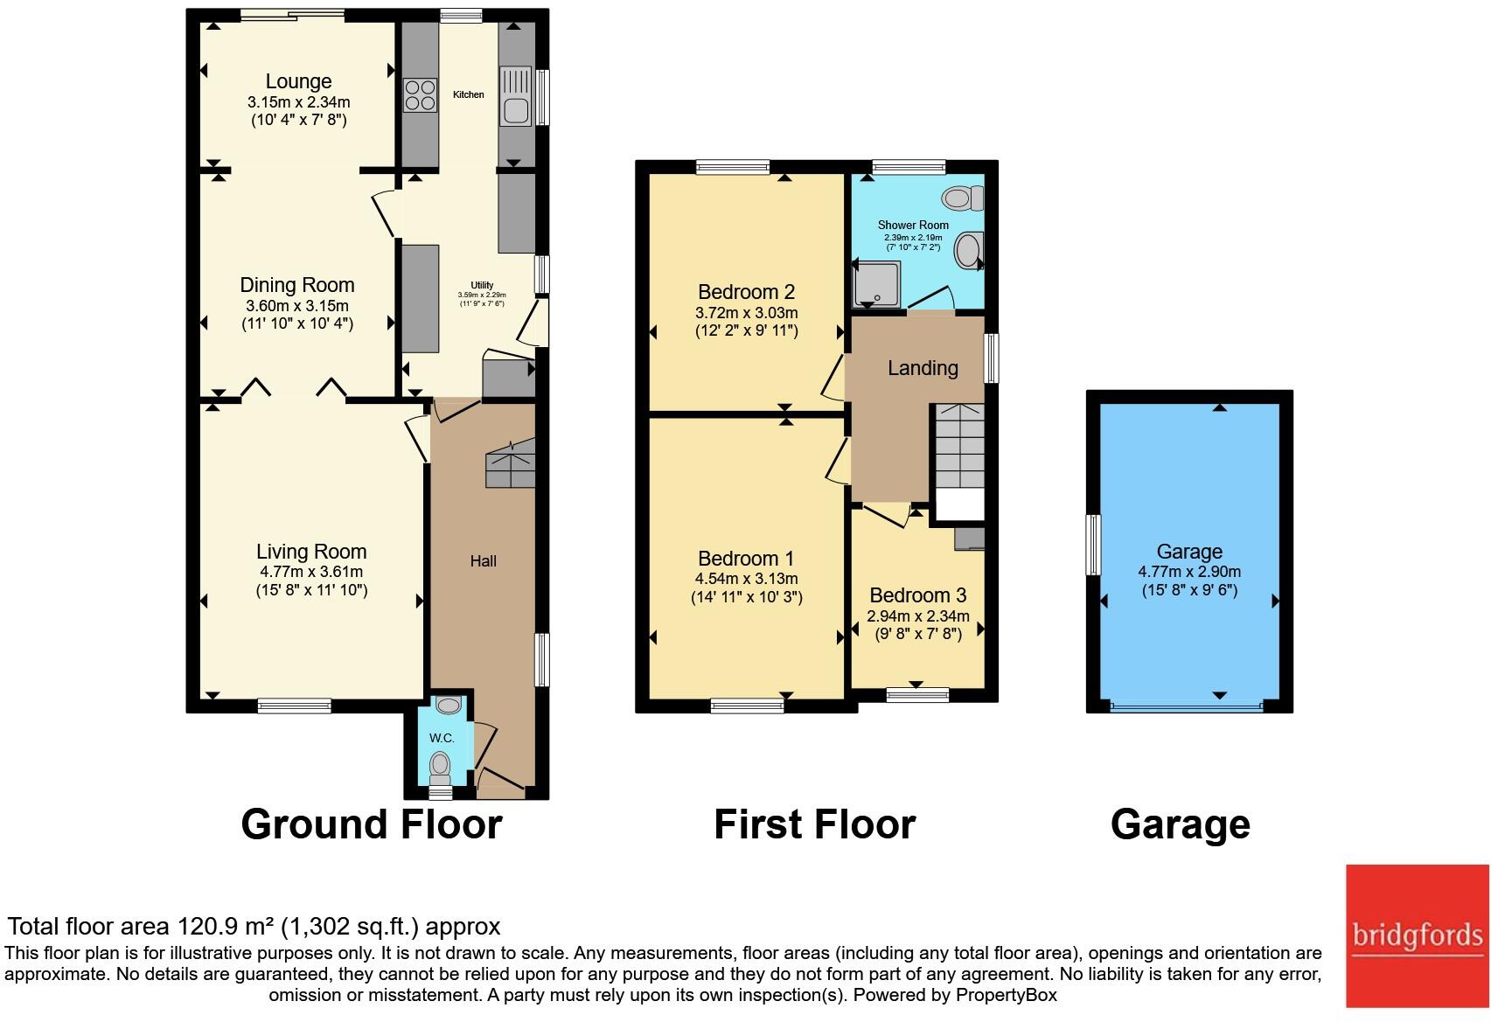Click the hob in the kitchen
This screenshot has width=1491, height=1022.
[x=421, y=95]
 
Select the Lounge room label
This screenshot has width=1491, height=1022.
[x=298, y=81]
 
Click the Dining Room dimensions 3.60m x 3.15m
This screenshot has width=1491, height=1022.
[x=296, y=306]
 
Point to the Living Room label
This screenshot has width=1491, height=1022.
[x=310, y=552]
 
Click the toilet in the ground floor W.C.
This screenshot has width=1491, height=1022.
[x=440, y=773]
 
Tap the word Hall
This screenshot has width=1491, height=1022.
[x=483, y=561]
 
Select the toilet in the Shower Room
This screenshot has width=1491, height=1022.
[x=962, y=199]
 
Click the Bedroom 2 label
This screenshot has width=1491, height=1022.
[x=746, y=292]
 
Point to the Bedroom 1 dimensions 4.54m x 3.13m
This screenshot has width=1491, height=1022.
[x=746, y=579]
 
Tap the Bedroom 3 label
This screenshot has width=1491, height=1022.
[x=917, y=595]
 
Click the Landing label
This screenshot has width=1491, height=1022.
[x=923, y=368]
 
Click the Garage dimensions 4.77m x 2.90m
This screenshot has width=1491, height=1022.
[x=1188, y=572]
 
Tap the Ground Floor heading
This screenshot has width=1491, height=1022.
[x=371, y=824]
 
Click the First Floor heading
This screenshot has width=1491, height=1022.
[x=814, y=824]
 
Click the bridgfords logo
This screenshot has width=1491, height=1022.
[x=1417, y=935]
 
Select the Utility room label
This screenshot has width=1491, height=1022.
[x=482, y=285]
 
